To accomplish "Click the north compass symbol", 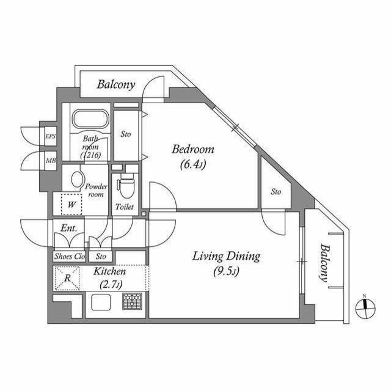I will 365,307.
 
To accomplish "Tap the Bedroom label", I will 192,149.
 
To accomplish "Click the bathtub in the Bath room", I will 89,119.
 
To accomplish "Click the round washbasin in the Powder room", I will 77,180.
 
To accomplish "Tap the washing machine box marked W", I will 71,204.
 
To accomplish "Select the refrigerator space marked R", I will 68,280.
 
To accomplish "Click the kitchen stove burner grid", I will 131,302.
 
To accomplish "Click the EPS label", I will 51,136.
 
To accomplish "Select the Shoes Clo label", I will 69,256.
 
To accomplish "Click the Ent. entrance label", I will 68,228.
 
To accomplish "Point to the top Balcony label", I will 116,84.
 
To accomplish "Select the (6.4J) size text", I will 192,164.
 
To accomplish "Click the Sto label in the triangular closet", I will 276,192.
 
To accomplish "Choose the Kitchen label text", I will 109,271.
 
